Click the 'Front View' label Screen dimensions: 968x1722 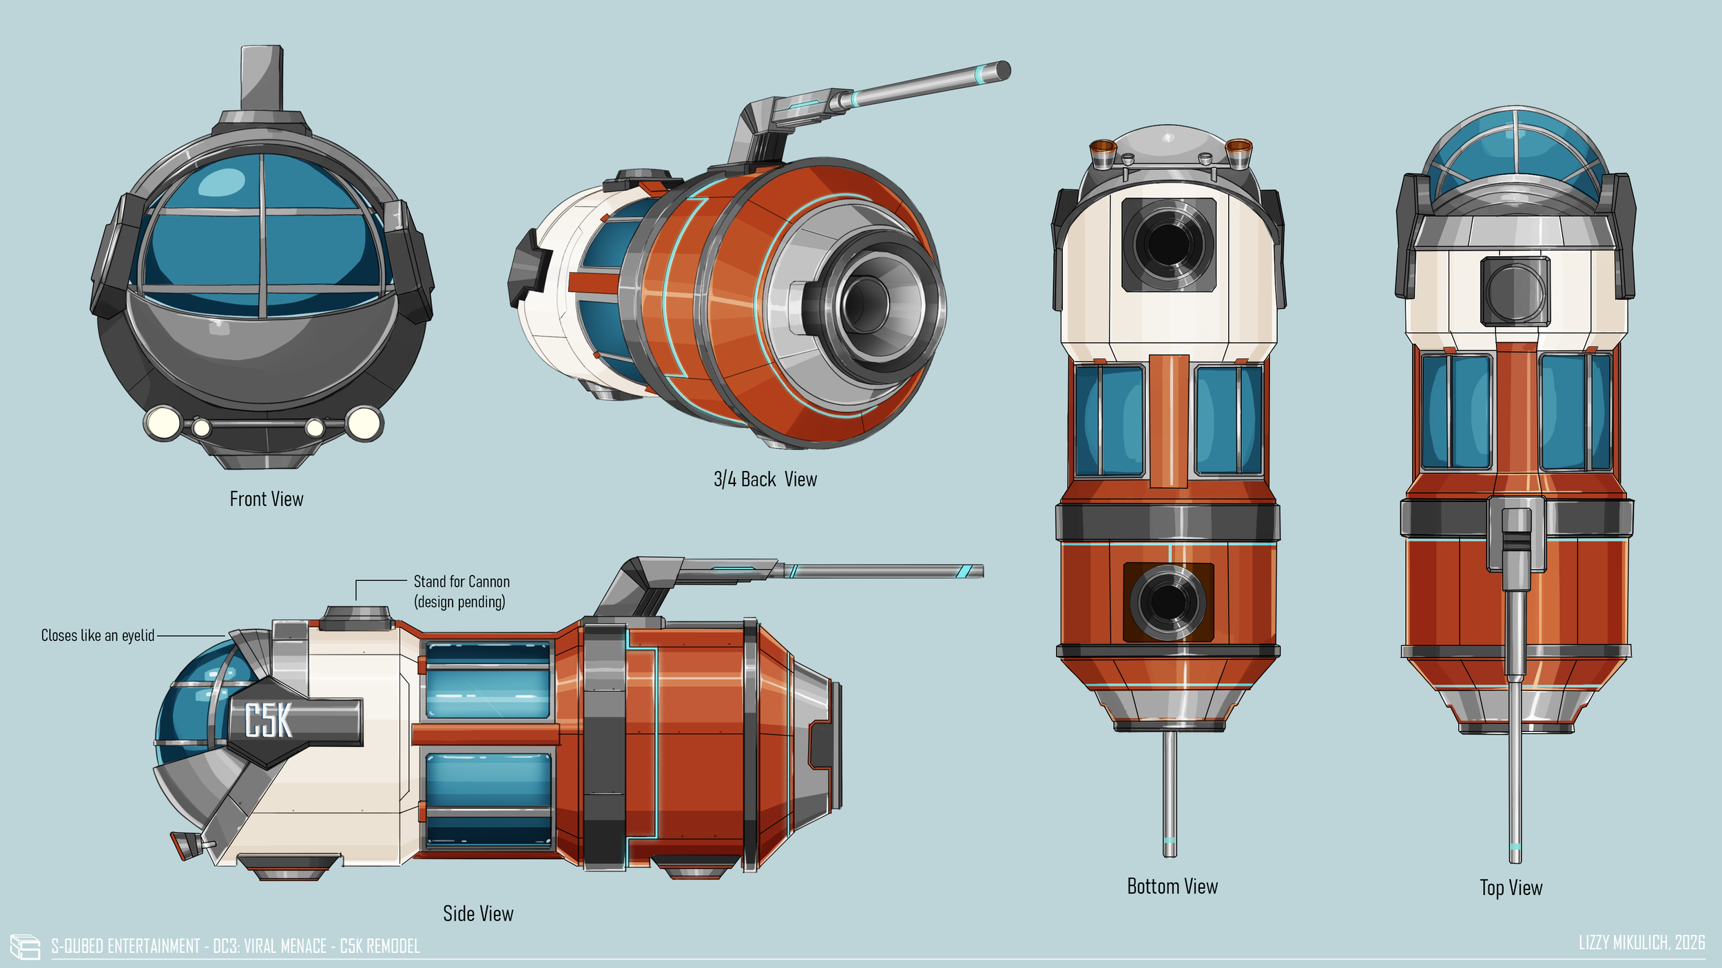[266, 499]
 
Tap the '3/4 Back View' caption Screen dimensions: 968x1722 [765, 479]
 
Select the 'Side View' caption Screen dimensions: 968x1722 [478, 914]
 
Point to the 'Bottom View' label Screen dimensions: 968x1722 [1172, 886]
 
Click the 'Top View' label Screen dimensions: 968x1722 [1511, 887]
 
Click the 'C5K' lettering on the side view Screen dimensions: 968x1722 [269, 721]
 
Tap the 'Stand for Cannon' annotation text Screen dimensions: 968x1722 [461, 582]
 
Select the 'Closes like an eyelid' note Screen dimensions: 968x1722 [98, 635]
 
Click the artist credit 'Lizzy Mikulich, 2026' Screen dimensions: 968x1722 [1641, 943]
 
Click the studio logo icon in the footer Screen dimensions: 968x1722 [25, 947]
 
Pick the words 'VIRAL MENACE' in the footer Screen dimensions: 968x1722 [285, 946]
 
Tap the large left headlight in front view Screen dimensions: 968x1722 [163, 423]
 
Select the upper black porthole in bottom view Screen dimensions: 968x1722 [1168, 244]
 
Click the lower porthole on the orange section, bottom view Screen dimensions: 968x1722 [1168, 602]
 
